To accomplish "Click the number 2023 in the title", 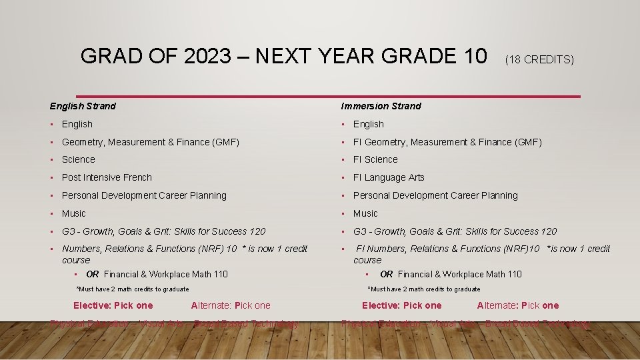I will point(204,57).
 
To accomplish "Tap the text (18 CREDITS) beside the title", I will point(539,59).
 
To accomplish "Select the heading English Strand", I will point(83,106).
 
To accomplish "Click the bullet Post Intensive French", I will point(107,177).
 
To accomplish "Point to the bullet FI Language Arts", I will point(389,177).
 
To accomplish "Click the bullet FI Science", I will point(375,159).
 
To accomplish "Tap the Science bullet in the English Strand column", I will point(79,159).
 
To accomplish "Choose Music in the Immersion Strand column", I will point(365,213).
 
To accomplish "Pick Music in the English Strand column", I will point(74,213).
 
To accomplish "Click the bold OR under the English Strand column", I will point(93,274).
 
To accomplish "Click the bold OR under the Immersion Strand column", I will point(387,274).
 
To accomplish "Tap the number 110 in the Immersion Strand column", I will point(513,274).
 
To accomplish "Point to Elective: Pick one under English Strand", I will point(113,305).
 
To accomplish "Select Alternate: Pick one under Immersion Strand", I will point(518,305).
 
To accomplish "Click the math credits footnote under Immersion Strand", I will point(424,289).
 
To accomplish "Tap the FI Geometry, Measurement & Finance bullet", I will point(447,142).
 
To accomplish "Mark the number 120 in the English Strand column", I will point(257,231).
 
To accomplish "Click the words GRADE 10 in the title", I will point(439,57).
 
